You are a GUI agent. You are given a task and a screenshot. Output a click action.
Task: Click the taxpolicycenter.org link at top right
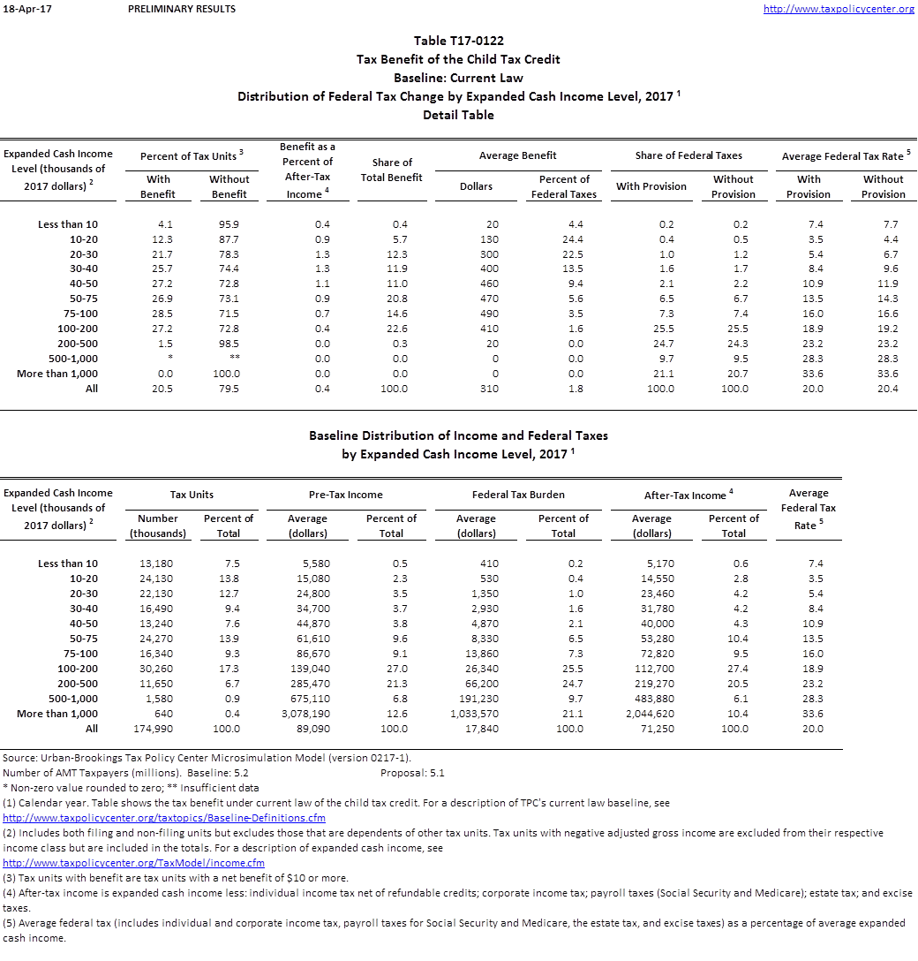[x=838, y=9]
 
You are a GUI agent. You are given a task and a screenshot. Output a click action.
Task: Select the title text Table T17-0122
[x=458, y=41]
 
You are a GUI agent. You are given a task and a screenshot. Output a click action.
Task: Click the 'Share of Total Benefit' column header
[x=392, y=170]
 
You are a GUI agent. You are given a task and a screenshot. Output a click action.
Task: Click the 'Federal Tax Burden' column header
[x=518, y=495]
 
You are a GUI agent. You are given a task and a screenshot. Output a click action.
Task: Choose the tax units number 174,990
[x=158, y=729]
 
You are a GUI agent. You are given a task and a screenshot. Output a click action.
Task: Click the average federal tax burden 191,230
[x=478, y=699]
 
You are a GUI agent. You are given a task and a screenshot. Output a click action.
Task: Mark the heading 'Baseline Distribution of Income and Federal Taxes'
[x=458, y=435]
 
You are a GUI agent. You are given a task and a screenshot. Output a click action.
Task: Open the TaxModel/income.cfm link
[x=133, y=863]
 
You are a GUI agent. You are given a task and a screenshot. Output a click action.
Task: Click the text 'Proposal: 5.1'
[x=412, y=773]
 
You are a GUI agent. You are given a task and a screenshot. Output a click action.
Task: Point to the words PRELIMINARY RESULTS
[x=181, y=9]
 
